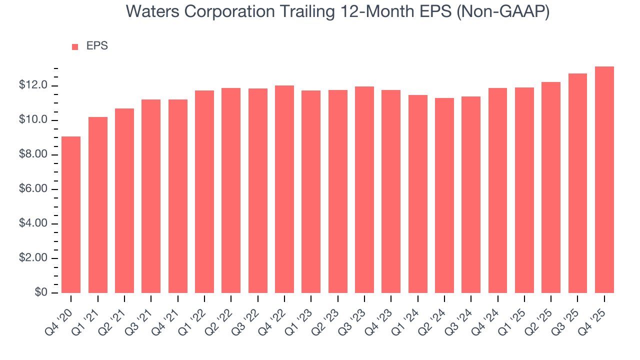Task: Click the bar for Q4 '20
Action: pos(71,215)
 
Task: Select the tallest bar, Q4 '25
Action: pos(604,180)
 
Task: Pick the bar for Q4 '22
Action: pos(284,189)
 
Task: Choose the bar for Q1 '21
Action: pos(98,205)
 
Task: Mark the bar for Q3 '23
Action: pos(364,190)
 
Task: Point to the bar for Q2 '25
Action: pos(551,187)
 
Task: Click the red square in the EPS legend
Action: pos(75,46)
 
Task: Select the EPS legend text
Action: pos(97,46)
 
